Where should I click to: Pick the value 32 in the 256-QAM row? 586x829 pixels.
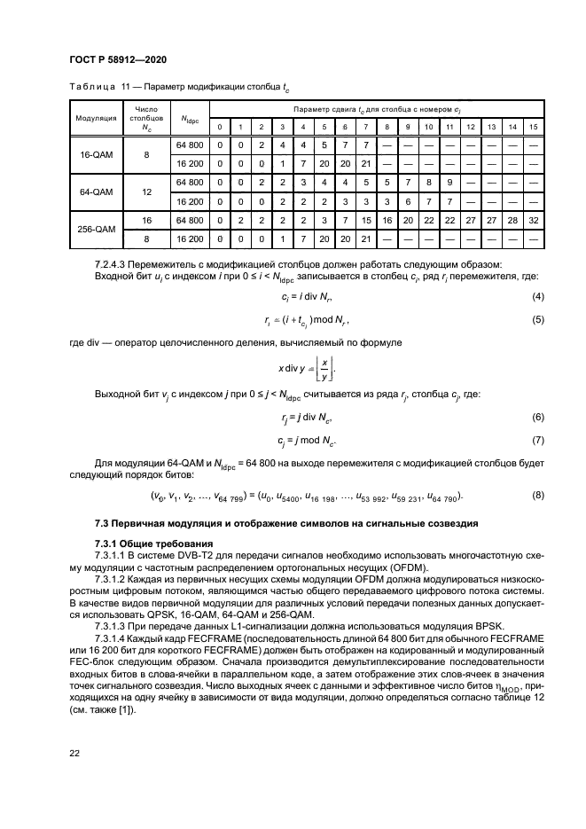(533, 218)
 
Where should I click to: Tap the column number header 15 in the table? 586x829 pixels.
(533, 127)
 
